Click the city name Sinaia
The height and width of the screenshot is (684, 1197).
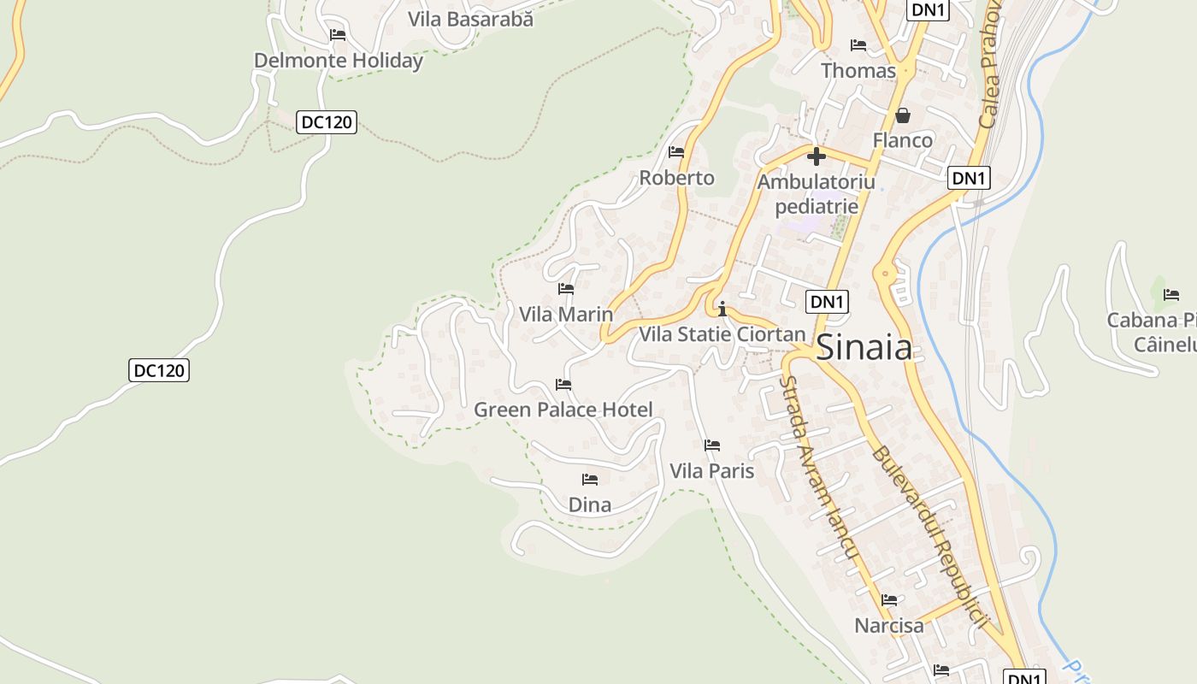864,348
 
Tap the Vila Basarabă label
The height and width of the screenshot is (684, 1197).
470,19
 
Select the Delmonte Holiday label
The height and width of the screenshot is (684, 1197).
339,61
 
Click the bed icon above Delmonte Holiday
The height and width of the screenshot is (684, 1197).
338,35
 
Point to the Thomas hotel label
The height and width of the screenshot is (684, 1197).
858,70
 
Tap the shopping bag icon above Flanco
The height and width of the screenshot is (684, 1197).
902,115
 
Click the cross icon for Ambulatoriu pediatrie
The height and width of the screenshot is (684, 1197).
817,156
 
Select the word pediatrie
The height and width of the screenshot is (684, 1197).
817,206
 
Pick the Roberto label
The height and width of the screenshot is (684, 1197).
677,178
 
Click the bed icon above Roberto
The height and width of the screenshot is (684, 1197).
676,152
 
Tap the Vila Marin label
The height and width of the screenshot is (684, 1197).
566,314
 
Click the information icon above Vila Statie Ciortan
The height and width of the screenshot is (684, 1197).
722,309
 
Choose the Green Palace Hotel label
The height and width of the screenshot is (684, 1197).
563,410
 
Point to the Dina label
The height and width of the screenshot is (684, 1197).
590,504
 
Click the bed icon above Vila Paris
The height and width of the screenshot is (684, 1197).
711,445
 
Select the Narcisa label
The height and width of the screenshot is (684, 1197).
889,625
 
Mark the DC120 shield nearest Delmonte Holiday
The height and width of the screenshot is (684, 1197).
327,122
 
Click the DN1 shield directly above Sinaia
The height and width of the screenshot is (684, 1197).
828,301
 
